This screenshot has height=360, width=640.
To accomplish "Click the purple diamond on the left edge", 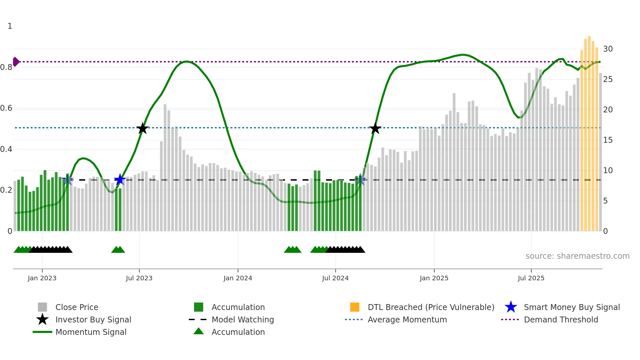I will tap(16, 62).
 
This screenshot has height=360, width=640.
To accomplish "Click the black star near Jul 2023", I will tap(142, 128).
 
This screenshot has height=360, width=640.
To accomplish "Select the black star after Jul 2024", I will tap(375, 128).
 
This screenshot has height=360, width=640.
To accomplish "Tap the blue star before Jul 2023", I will tap(120, 179).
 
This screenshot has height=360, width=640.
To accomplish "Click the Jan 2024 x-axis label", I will tap(238, 278).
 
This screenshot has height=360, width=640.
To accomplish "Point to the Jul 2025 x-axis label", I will tap(531, 278).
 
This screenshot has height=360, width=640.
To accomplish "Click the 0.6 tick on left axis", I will tap(7, 108).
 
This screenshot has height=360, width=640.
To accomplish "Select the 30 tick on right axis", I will tap(608, 49).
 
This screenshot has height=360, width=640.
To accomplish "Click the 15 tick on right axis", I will tap(608, 140).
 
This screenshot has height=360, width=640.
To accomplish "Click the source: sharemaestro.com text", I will tap(577, 256).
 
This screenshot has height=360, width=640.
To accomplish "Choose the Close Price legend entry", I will tap(77, 307).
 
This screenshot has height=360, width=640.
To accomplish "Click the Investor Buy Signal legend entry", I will tap(93, 319).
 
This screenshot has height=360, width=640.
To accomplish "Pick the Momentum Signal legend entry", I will tap(91, 332).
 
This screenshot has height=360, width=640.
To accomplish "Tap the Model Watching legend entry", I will tap(243, 319).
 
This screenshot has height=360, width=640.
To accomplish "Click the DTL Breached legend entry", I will tap(431, 307).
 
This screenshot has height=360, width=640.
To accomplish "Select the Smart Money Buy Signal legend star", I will tap(511, 307).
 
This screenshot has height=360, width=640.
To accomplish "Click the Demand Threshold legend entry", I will tap(561, 319).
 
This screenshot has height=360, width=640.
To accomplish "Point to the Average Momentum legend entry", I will tap(407, 319).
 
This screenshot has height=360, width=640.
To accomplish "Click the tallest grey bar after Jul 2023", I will tap(165, 167).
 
